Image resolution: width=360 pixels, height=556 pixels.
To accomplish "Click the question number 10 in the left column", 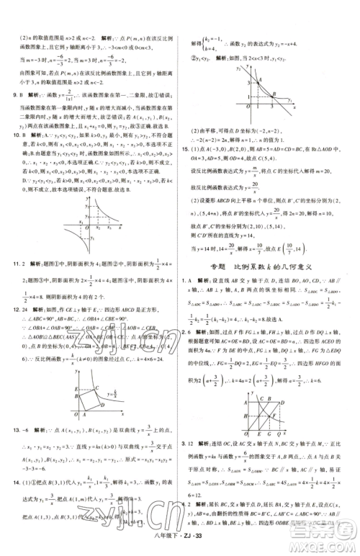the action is tap(8, 134).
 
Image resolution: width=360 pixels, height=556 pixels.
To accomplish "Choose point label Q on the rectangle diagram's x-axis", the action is tap(279, 436).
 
